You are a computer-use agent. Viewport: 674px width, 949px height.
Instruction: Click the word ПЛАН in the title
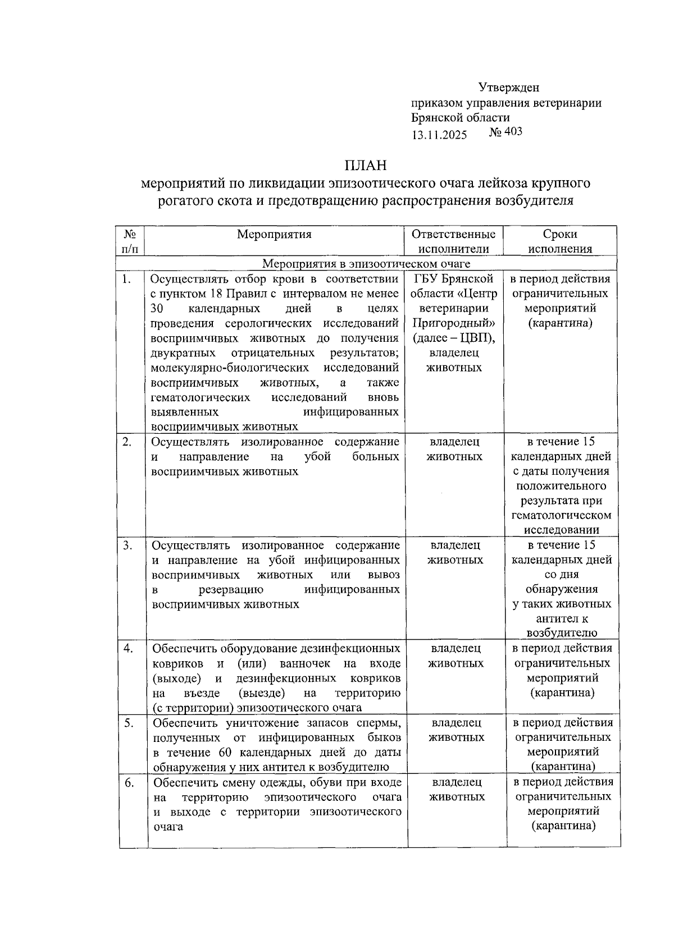[x=366, y=166]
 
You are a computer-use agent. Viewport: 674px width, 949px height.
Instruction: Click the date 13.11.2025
[x=439, y=135]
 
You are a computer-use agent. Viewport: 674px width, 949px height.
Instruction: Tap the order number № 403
[x=505, y=132]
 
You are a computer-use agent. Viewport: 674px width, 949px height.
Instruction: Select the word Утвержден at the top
[x=509, y=88]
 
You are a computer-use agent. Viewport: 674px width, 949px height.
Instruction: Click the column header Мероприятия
[x=274, y=235]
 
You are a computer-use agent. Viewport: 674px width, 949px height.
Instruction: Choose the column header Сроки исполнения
[x=560, y=241]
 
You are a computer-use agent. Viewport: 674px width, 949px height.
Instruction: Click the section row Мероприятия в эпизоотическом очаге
[x=366, y=264]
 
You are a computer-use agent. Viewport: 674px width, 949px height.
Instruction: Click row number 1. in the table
[x=127, y=279]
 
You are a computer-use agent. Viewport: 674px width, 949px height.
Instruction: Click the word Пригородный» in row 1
[x=454, y=323]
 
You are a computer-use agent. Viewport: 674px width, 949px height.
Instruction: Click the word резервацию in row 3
[x=231, y=590]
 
